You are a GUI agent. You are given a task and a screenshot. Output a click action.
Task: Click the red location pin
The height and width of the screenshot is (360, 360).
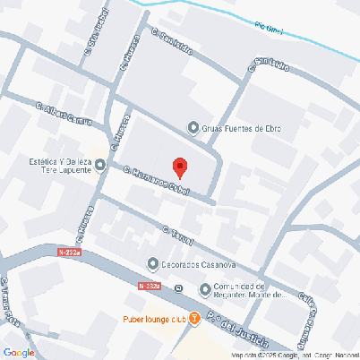[x=179, y=167]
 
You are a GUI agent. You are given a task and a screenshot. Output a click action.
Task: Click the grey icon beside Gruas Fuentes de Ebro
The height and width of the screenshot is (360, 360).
[x=192, y=128]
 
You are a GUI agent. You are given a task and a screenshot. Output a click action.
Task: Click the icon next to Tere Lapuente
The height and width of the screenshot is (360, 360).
[x=100, y=165]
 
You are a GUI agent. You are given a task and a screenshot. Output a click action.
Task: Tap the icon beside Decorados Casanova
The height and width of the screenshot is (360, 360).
[x=152, y=264]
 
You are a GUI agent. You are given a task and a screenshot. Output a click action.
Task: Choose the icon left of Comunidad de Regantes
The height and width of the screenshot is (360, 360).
[x=203, y=288]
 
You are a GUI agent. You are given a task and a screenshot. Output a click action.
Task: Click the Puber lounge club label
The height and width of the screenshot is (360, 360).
[x=154, y=320]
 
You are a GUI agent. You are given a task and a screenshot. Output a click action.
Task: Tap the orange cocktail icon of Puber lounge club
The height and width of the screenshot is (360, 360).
[x=195, y=320]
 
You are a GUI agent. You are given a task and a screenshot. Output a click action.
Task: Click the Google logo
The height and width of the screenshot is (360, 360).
[x=19, y=352]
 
